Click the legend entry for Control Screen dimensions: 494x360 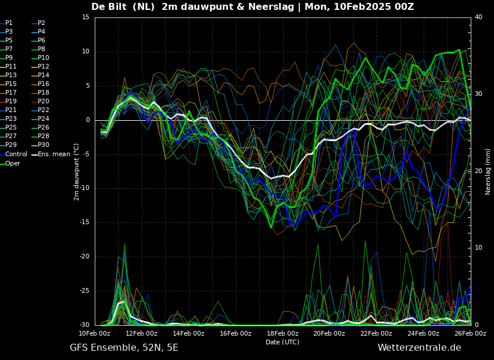pos(13,154)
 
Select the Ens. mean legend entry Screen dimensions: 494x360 pos(51,154)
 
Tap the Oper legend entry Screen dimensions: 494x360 pos(10,163)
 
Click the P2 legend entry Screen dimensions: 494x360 pos(39,23)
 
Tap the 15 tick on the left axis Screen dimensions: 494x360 pos(85,17)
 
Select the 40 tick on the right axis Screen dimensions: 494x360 pos(478,17)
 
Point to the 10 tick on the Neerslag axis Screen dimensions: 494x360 pos(478,248)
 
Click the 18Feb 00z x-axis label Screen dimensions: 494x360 pos(282,333)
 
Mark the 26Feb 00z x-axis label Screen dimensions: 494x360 pos(470,333)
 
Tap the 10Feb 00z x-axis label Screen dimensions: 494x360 pos(95,333)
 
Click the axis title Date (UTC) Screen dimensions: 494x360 pos(282,342)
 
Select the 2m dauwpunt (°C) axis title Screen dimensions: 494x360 pos(76,172)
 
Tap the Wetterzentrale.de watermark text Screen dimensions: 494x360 pos(420,348)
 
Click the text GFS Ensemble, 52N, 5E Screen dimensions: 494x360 pos(124,348)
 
